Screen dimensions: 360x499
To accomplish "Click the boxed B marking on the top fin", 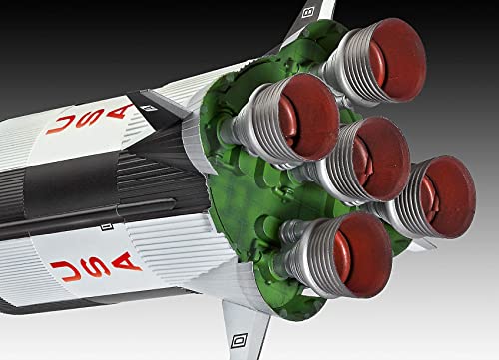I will tap(310, 13).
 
